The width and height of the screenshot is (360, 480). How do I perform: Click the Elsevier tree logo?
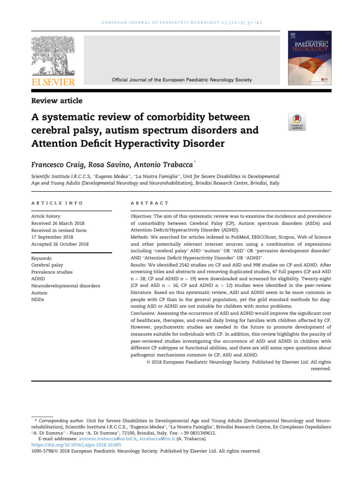point(53,56)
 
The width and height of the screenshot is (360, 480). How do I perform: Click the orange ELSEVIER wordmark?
point(53,82)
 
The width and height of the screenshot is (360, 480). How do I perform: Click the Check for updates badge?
point(297,122)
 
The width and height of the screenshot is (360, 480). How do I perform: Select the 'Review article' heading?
point(57,101)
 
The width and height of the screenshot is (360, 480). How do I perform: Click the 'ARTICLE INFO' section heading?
point(57,203)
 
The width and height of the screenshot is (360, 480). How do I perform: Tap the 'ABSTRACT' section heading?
point(150,203)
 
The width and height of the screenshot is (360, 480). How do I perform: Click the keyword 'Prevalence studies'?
point(52,272)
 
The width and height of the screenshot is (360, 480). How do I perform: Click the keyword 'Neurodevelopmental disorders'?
point(65,285)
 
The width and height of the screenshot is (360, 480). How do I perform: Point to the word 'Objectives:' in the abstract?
point(141,217)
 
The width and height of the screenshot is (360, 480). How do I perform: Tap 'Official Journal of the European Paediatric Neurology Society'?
point(181,80)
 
